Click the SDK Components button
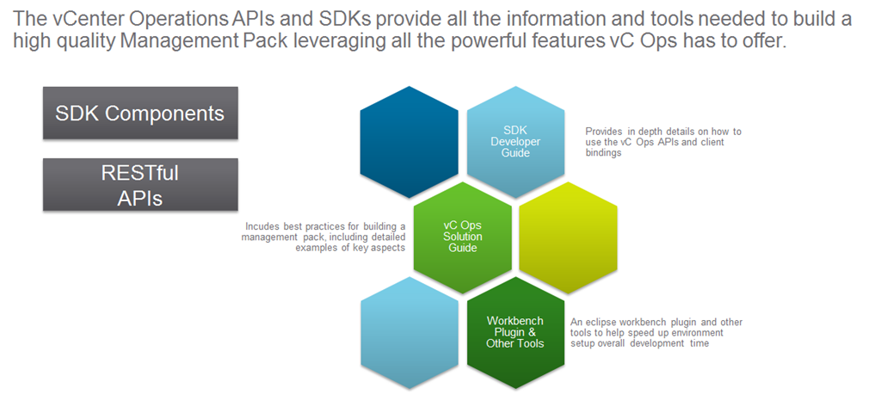click(140, 113)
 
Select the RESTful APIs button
click(140, 185)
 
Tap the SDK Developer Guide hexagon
click(516, 141)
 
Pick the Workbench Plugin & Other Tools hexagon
click(516, 331)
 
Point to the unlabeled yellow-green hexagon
click(569, 233)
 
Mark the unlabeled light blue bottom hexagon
click(409, 332)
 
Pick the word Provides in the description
click(606, 132)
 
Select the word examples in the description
click(318, 248)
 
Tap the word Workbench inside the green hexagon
click(515, 321)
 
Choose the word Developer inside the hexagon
click(516, 141)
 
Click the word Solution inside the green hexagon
click(463, 237)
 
